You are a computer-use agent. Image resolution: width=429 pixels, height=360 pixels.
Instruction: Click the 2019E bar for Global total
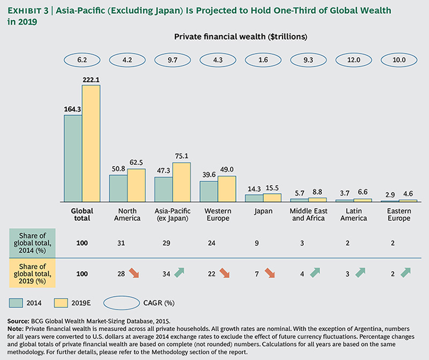[x=91, y=143]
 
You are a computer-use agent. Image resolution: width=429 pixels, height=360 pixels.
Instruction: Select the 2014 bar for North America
[x=118, y=188]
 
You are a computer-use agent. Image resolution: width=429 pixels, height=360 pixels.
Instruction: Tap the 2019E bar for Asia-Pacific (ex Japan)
[x=181, y=182]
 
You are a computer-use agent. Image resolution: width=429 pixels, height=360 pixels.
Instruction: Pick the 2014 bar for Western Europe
[x=208, y=192]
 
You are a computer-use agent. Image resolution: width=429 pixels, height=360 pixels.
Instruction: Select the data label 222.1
[x=92, y=80]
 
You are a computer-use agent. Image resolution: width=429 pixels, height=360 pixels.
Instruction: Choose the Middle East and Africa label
[x=308, y=214]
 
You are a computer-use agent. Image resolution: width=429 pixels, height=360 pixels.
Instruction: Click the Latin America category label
[x=353, y=214]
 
